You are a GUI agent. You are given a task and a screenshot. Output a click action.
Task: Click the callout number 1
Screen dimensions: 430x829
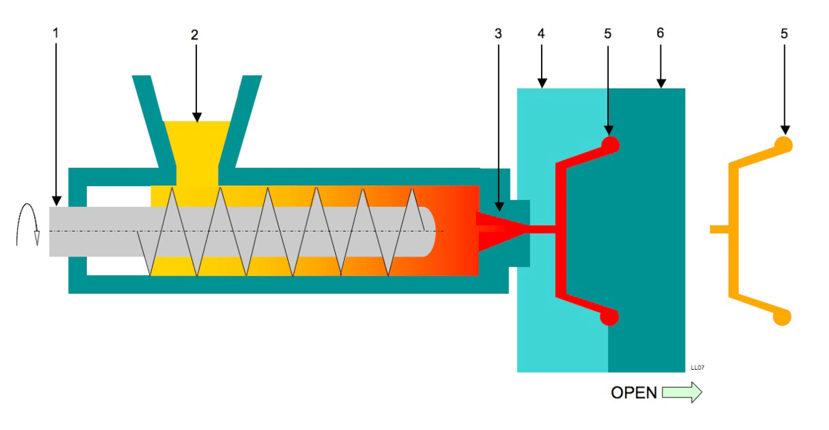pyautogui.click(x=57, y=33)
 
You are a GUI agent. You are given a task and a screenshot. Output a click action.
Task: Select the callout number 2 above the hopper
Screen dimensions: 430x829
pyautogui.click(x=195, y=35)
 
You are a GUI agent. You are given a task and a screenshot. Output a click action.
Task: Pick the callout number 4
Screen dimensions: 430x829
pyautogui.click(x=542, y=33)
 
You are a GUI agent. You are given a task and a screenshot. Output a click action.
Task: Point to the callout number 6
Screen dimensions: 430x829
pyautogui.click(x=660, y=33)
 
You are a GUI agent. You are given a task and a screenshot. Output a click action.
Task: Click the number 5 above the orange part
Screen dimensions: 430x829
pyautogui.click(x=784, y=33)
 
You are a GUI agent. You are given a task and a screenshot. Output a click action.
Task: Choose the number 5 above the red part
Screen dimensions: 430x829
pyautogui.click(x=609, y=33)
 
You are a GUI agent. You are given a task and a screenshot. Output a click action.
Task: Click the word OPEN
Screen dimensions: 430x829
pyautogui.click(x=633, y=393)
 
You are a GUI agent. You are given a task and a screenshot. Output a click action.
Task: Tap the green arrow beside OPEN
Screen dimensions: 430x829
pyautogui.click(x=682, y=393)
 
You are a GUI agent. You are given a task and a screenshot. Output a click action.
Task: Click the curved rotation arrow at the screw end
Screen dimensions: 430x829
pyautogui.click(x=29, y=225)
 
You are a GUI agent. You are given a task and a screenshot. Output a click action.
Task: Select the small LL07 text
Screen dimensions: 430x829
pyautogui.click(x=697, y=368)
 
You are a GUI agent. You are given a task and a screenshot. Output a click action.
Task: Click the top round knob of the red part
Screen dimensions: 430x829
pyautogui.click(x=610, y=144)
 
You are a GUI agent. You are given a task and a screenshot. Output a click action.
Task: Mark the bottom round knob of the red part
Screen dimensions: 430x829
pyautogui.click(x=609, y=316)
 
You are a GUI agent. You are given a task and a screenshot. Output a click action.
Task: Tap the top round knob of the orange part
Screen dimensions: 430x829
pyautogui.click(x=783, y=144)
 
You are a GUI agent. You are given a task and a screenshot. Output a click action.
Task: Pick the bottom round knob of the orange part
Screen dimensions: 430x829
pyautogui.click(x=783, y=316)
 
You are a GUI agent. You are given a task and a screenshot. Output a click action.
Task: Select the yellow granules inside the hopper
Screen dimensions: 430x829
pyautogui.click(x=197, y=145)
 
